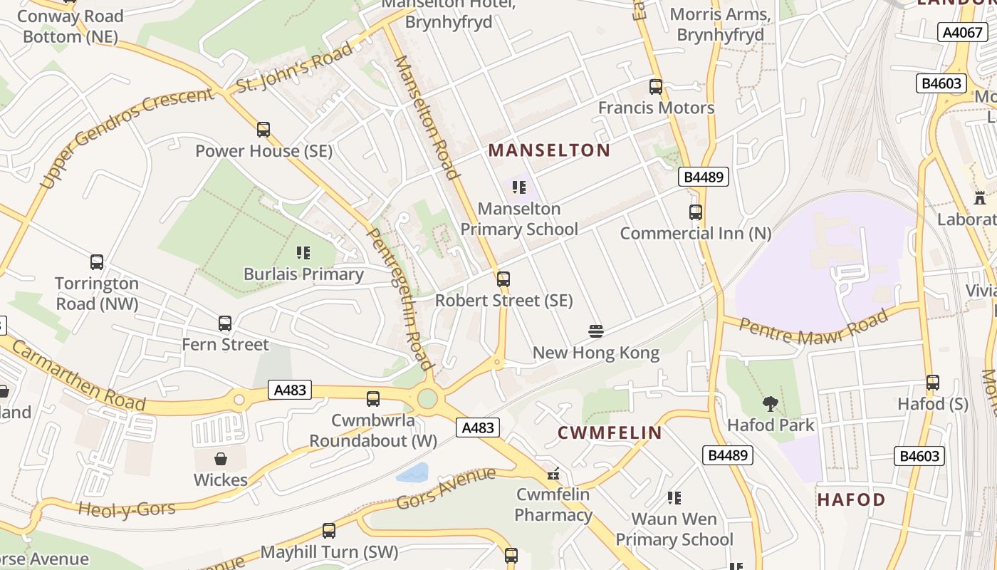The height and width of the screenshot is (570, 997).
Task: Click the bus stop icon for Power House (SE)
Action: coord(263,130)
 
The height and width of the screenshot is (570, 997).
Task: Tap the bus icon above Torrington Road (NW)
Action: coord(97,262)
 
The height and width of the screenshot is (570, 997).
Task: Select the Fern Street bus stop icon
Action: coord(225,323)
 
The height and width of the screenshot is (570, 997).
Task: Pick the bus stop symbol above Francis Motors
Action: coord(656,87)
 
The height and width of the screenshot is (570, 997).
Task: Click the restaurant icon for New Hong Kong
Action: coord(596,331)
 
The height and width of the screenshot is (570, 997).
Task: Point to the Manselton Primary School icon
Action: coord(519,187)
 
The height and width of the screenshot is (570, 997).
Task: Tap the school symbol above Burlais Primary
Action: coord(303,253)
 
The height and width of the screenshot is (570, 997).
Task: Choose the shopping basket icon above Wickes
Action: coord(221,459)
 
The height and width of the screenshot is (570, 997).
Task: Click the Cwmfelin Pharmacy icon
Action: coord(553,473)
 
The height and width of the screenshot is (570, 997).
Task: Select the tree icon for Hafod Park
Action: coord(770,405)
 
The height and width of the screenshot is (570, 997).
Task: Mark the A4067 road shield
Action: coord(961,32)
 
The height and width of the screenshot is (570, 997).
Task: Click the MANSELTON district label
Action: coord(549,150)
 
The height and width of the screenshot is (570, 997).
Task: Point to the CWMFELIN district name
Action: coord(610,432)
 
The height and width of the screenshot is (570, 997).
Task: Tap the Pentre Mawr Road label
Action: coord(814,330)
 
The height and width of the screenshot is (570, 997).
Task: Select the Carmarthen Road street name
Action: coord(78,376)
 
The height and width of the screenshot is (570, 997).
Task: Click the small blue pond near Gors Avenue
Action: coord(413,472)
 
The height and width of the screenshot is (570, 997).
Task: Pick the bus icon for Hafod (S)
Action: coord(933,383)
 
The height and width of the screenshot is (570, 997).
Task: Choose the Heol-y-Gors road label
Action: coord(127,509)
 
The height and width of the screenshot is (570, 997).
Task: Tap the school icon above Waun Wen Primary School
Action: coord(674,498)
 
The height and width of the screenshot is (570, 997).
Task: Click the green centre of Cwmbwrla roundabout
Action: coord(427,398)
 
